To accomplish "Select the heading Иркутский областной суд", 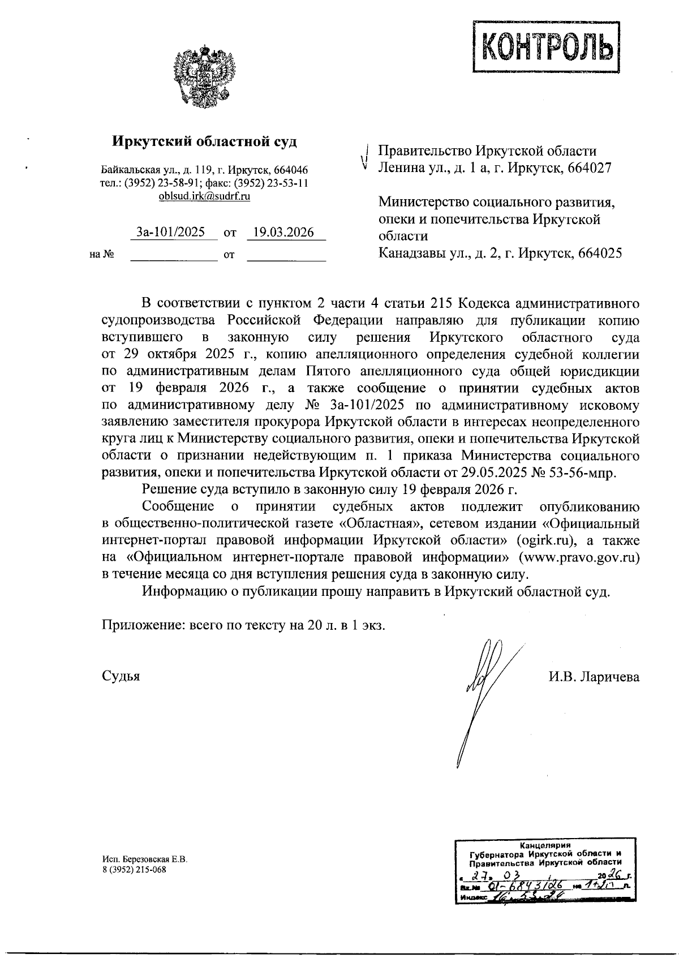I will click(x=204, y=141).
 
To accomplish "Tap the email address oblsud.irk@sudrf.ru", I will click(x=204, y=196).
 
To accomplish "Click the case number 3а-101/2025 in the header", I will click(x=171, y=232).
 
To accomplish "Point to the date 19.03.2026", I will click(x=283, y=232).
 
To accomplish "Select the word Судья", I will click(x=121, y=676).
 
